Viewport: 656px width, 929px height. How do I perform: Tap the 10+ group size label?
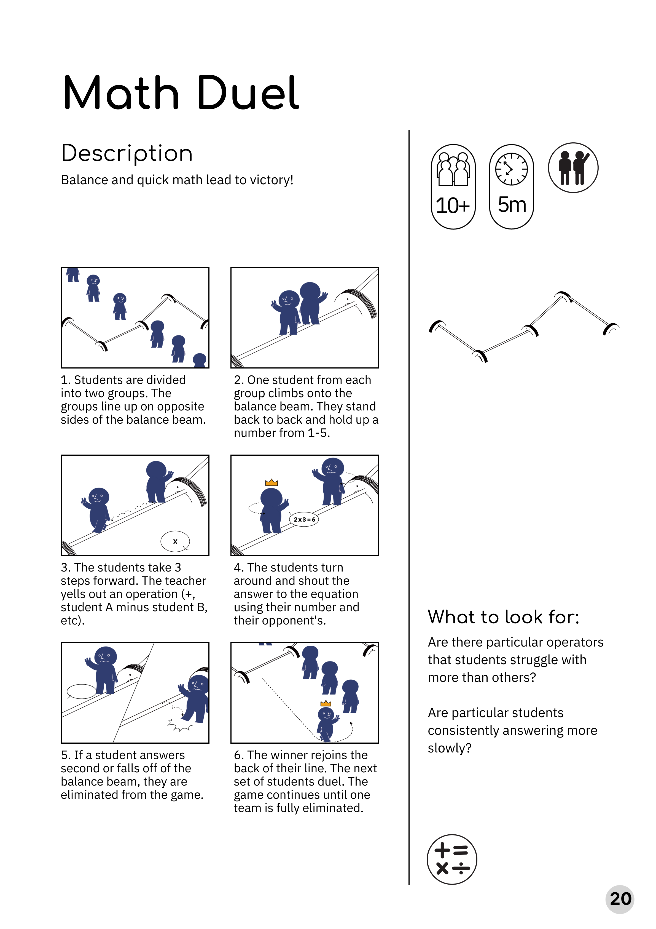click(453, 205)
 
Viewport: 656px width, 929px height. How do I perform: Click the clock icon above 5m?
click(512, 169)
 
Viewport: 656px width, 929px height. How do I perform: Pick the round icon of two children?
click(573, 167)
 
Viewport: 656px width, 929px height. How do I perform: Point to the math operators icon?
click(452, 859)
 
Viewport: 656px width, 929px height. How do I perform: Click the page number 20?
click(620, 899)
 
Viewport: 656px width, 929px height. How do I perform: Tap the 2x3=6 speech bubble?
click(304, 519)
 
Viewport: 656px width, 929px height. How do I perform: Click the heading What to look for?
click(504, 617)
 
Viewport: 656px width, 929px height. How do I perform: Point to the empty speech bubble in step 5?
click(82, 692)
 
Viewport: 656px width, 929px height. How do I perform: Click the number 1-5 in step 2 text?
click(319, 433)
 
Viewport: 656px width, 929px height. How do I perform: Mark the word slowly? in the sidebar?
click(450, 748)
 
